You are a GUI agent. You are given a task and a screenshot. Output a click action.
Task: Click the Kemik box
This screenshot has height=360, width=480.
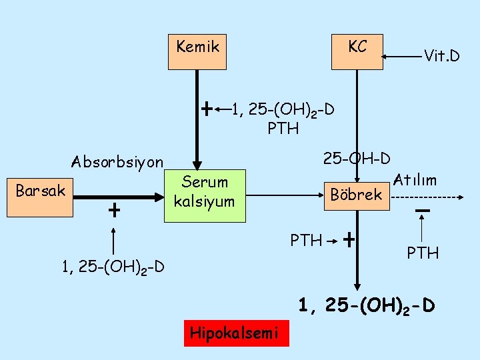197,51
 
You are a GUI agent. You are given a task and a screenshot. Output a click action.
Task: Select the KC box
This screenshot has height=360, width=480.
357,51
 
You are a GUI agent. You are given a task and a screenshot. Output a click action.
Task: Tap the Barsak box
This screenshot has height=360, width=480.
40,197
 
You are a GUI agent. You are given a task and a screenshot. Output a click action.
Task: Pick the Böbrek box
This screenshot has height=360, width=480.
357,193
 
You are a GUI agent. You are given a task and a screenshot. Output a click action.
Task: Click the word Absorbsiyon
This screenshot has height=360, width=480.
117,162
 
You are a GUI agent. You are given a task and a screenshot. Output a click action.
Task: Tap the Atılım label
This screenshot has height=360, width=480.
415,180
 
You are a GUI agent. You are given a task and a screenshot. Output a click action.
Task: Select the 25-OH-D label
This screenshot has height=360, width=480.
357,159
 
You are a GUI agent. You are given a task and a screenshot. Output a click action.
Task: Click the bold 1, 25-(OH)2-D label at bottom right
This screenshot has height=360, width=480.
367,306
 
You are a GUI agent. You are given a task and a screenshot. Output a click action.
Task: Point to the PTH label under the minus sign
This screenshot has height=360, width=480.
422,253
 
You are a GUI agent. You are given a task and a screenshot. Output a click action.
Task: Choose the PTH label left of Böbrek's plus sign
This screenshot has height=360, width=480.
306,239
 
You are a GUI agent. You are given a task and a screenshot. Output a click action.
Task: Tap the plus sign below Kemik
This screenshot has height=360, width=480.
207,107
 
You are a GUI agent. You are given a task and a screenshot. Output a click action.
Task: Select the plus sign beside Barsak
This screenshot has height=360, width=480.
115,211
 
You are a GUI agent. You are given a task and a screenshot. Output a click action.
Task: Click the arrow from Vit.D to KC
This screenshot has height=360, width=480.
404,56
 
